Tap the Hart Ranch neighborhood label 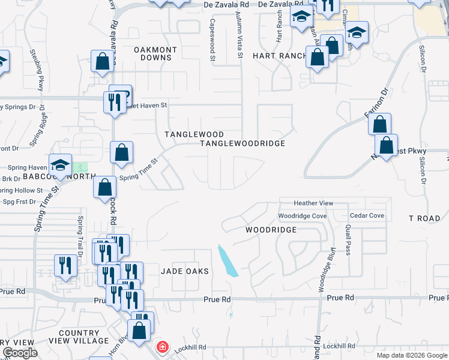click(x=274, y=55)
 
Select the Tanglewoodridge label click(x=242, y=143)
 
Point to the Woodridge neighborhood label click(x=271, y=230)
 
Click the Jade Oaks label click(x=185, y=271)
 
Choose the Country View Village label click(x=79, y=337)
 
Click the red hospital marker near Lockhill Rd click(x=161, y=347)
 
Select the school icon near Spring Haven click(x=61, y=165)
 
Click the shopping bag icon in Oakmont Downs click(x=103, y=61)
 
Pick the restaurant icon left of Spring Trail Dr click(x=65, y=265)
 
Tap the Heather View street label click(x=313, y=203)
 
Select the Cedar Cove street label click(x=366, y=215)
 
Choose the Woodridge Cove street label click(x=302, y=215)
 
